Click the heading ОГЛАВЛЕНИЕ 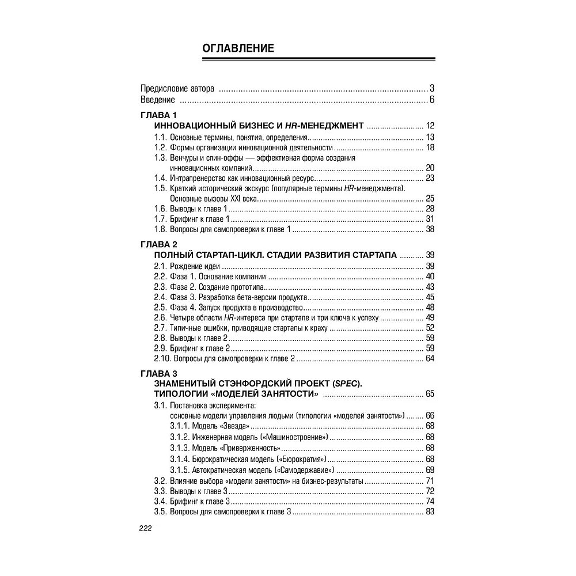pos(238,48)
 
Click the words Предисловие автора pos(177,89)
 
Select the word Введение pos(158,100)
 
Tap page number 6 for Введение pos(431,100)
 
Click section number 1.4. pos(160,178)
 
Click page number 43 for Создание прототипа pos(430,287)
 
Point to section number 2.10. pos(162,359)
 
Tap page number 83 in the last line pos(430,512)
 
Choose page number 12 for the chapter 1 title pos(430,126)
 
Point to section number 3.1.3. pos(180,448)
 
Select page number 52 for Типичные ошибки pos(430,328)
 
